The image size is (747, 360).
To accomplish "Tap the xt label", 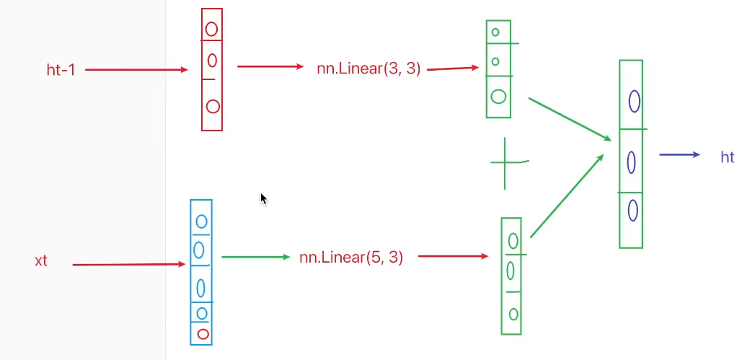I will [x=41, y=260].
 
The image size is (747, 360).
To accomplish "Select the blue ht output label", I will [x=727, y=157].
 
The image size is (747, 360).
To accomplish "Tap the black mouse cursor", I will [x=263, y=198].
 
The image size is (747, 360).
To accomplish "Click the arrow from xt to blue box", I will [x=128, y=265].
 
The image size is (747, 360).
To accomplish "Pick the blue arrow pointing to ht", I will [x=679, y=154].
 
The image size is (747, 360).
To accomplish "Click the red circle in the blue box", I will [x=203, y=334].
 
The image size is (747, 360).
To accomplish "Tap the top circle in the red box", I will [x=212, y=29].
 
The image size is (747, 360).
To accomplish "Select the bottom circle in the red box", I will [x=213, y=106].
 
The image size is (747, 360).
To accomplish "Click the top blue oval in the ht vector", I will [x=635, y=101].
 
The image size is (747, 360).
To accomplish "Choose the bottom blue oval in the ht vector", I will [x=632, y=210].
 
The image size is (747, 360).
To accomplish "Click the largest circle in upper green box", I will [x=498, y=96].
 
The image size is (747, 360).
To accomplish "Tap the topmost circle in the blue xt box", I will [x=202, y=221].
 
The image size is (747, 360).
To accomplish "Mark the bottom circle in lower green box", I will [x=513, y=314].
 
